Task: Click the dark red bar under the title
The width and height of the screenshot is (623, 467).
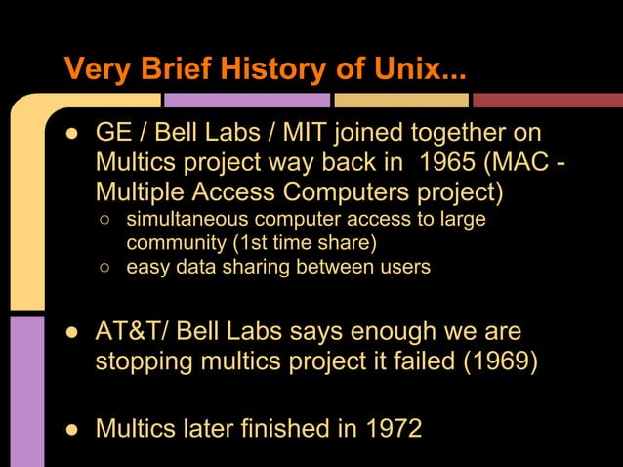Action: tap(547, 100)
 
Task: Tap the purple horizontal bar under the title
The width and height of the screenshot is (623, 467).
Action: tap(246, 100)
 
